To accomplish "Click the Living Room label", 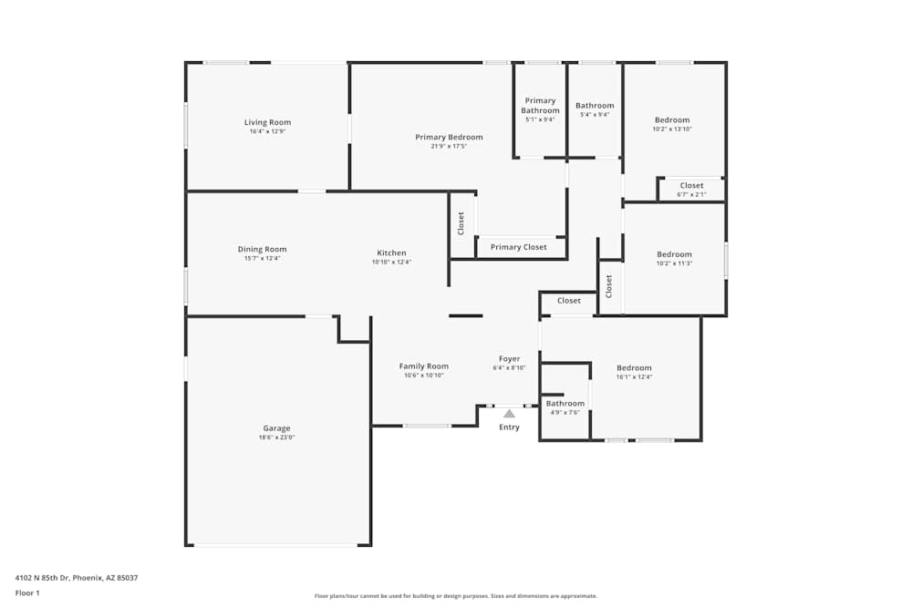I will [x=267, y=122].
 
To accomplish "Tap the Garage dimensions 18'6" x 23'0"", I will [x=276, y=438].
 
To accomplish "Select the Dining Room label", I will [x=262, y=249].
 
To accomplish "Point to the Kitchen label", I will [x=391, y=252].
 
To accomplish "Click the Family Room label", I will [x=423, y=366].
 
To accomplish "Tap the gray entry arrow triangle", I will [x=509, y=414].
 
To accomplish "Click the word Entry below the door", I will [x=509, y=428].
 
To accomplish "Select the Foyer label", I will [x=509, y=358].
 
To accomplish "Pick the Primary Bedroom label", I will [x=449, y=138].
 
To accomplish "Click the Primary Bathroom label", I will [x=540, y=106].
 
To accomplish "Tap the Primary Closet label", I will [x=518, y=247].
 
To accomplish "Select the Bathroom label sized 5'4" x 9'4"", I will [x=595, y=106].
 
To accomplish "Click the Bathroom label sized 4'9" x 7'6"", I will [x=565, y=404].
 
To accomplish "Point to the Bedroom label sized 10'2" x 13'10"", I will [x=672, y=119].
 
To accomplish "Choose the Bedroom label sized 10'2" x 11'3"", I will [x=674, y=254].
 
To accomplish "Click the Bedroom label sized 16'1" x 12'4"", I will [x=634, y=367].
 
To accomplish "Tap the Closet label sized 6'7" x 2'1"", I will [x=691, y=185].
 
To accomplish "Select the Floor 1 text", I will [x=27, y=593].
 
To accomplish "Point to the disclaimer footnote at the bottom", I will [x=455, y=595].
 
